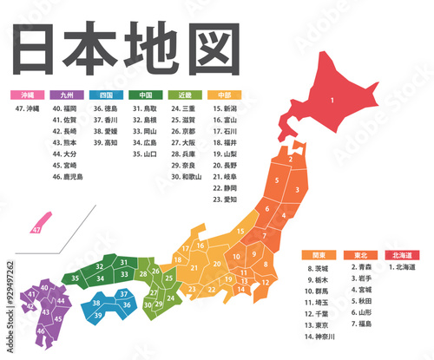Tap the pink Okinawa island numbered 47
pos(36,230)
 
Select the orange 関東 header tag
pos(319,256)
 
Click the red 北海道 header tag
pos(400,256)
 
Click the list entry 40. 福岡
pos(65,109)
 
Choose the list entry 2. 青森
pos(362,268)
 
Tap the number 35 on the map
pos(76,278)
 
